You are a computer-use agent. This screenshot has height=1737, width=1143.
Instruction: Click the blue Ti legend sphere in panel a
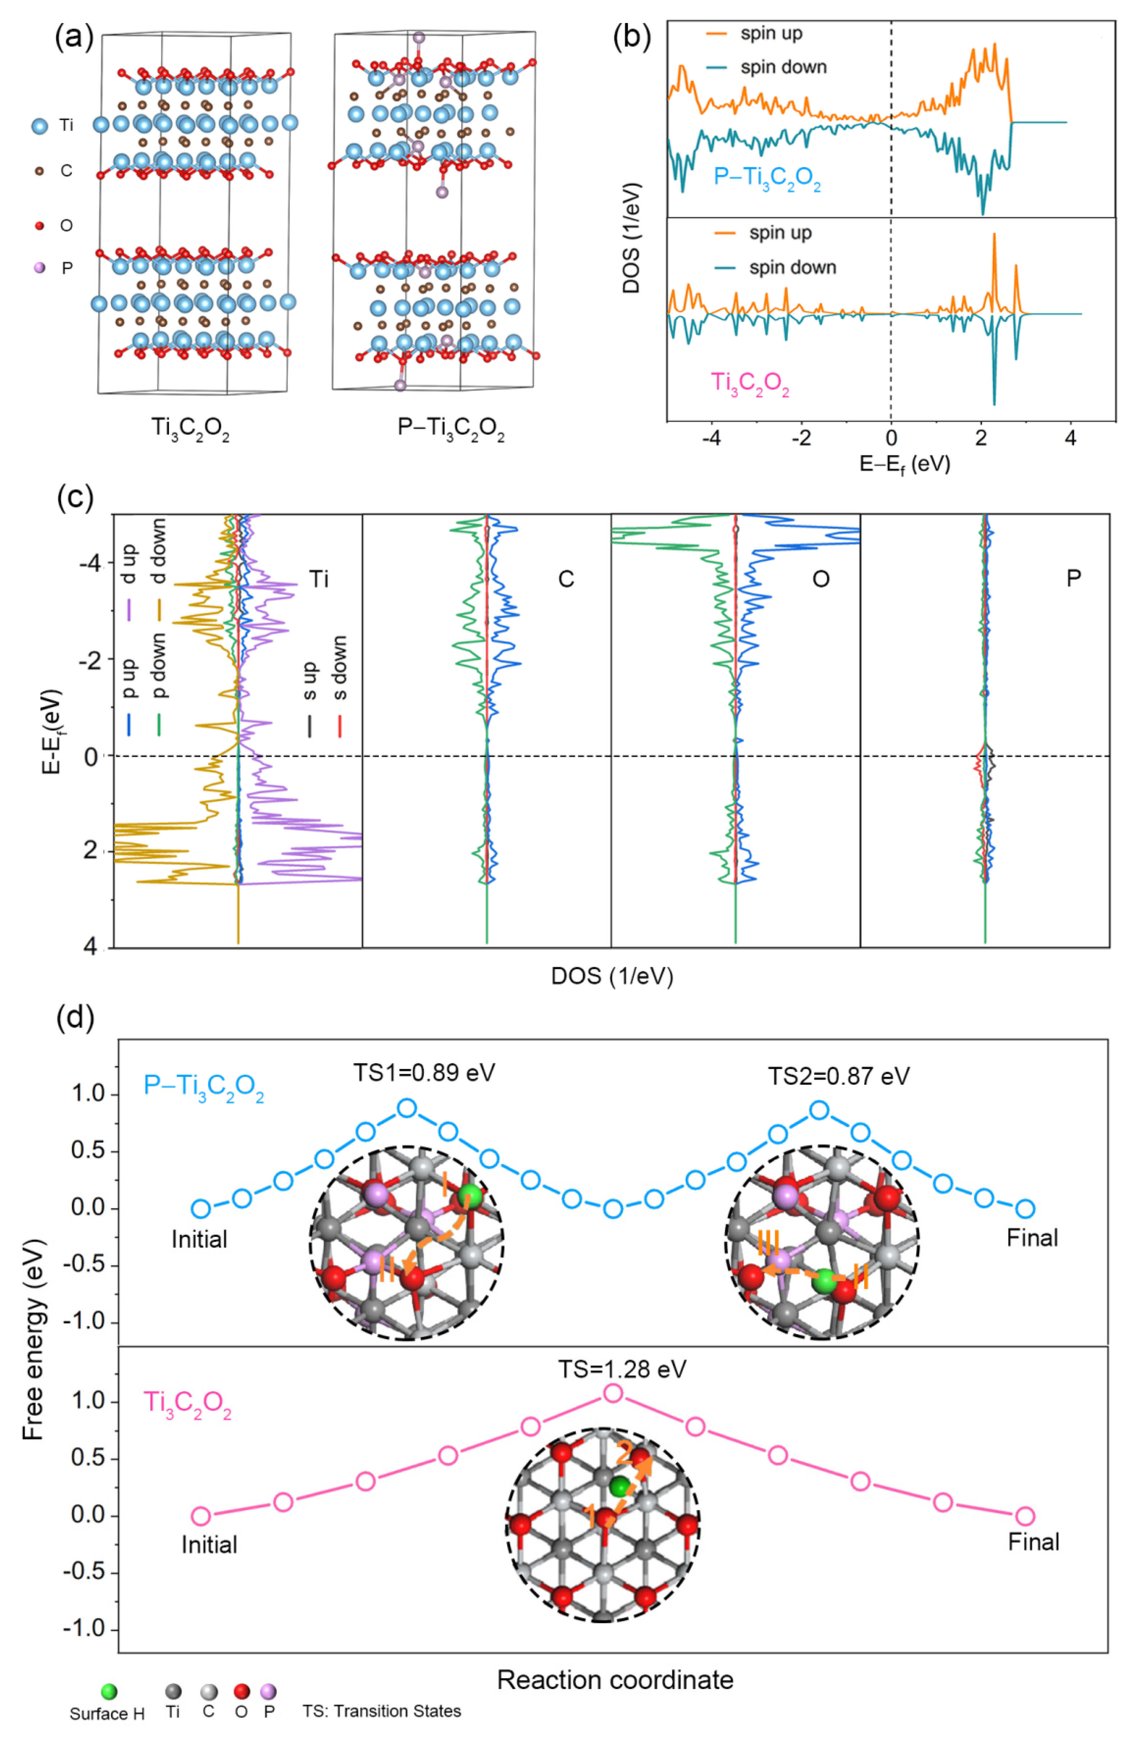click(x=40, y=126)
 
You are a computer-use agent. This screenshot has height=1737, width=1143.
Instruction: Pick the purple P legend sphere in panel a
click(x=40, y=268)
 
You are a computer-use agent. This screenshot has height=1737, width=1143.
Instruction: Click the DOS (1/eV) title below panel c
click(x=612, y=976)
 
